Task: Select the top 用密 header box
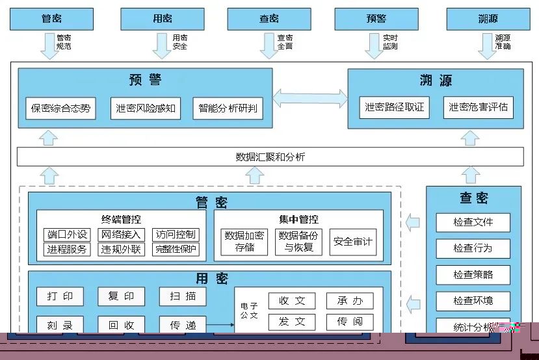point(163,19)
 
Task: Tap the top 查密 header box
point(269,19)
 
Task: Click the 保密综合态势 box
point(60,109)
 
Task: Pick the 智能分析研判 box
point(228,109)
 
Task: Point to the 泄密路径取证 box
point(395,107)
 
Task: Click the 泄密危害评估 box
point(478,107)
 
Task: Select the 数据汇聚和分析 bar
point(270,157)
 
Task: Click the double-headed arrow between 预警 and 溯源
point(309,99)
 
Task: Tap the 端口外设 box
point(67,235)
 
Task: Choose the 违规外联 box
point(120,249)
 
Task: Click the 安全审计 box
point(353,242)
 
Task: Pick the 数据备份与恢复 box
point(299,242)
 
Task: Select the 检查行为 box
point(473,248)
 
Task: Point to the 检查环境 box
point(473,301)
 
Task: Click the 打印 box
point(60,296)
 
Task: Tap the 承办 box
point(350,301)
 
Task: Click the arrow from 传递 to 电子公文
point(220,324)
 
